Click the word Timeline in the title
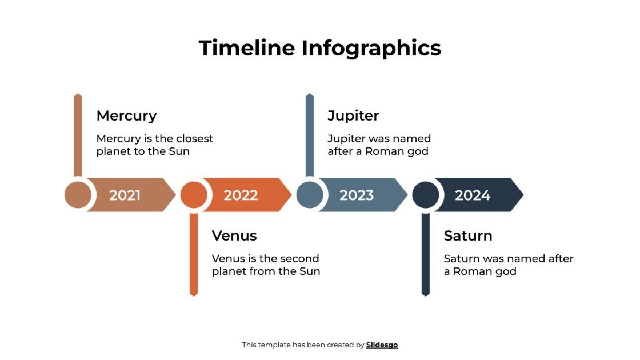247,47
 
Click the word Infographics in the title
371,48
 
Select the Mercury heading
126,115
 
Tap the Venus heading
234,235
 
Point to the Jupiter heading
353,115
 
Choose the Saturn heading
468,235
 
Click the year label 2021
125,195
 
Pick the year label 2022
241,195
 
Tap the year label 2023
357,195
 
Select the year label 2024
473,195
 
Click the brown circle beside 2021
78,195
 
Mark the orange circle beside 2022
194,195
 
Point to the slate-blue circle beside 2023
310,195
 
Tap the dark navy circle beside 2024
426,195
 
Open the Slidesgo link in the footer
382,345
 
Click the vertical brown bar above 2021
78,135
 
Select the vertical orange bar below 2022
194,254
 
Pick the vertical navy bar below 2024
425,254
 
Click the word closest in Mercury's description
194,139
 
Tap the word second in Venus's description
300,259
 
